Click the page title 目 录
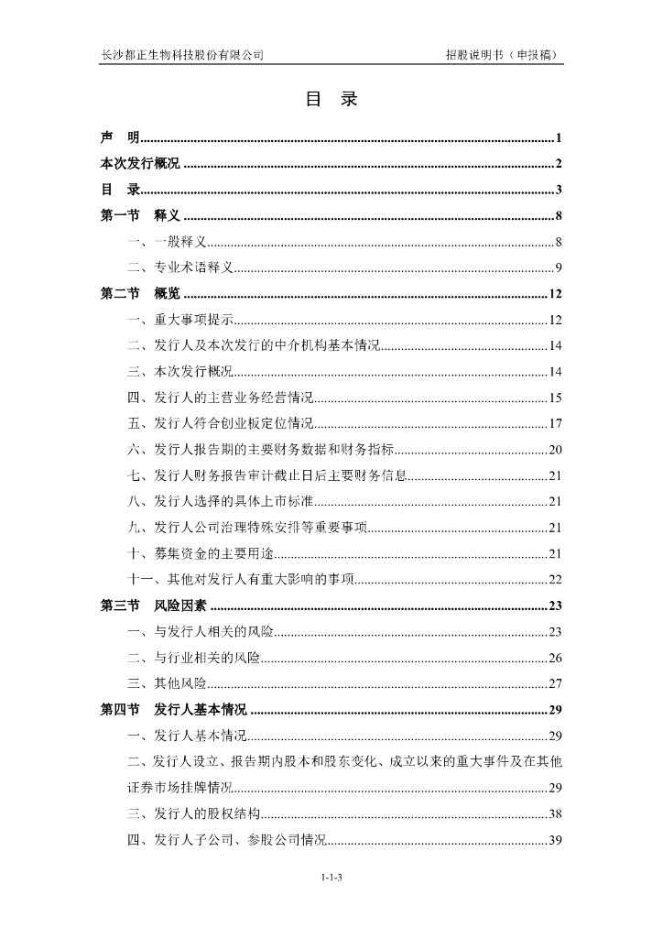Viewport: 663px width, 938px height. (x=331, y=100)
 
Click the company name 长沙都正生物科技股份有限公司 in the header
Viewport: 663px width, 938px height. (x=182, y=55)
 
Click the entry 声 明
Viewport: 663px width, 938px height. (x=120, y=138)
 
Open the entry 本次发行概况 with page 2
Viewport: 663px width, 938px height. (x=140, y=164)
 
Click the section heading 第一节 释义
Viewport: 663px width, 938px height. (x=140, y=216)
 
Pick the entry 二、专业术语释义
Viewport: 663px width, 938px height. (x=181, y=268)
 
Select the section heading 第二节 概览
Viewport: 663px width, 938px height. (x=140, y=294)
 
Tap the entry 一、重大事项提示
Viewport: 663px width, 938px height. (x=181, y=320)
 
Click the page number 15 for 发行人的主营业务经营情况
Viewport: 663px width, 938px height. (x=555, y=398)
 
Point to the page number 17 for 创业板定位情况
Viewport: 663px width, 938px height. (x=555, y=423)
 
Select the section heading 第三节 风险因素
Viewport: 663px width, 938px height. (x=153, y=605)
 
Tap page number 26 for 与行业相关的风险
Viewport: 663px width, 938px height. (x=555, y=658)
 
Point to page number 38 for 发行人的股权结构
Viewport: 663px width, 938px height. (x=555, y=813)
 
